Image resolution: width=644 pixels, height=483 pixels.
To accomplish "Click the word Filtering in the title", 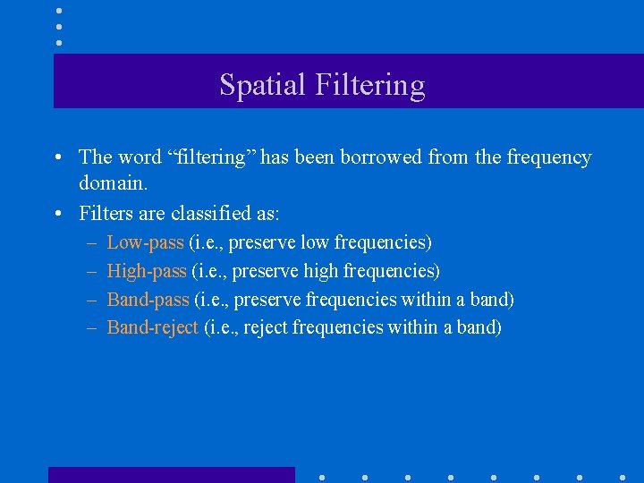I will [x=369, y=85].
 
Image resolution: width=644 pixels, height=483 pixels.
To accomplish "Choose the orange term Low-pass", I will [x=145, y=242].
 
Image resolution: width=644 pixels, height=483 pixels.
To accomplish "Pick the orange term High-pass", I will [x=147, y=271].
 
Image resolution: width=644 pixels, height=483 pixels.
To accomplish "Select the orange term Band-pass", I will [x=148, y=300].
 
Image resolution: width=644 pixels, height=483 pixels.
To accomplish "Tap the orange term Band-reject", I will [x=152, y=327].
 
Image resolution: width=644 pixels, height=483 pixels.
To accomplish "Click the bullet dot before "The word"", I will [x=56, y=158].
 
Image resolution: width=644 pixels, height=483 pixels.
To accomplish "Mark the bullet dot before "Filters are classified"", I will [x=56, y=214].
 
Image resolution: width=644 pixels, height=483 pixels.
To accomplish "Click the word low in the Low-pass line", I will [x=314, y=242].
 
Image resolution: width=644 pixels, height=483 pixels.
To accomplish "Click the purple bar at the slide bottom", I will [x=171, y=475].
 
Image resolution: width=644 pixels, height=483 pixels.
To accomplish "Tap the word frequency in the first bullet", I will [x=549, y=157].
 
